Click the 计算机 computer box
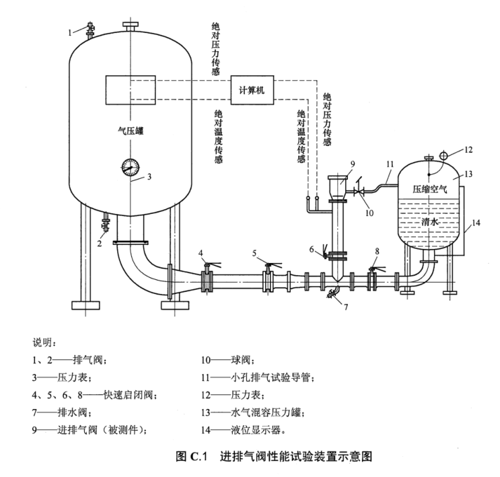[252, 89]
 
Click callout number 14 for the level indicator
[474, 222]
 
